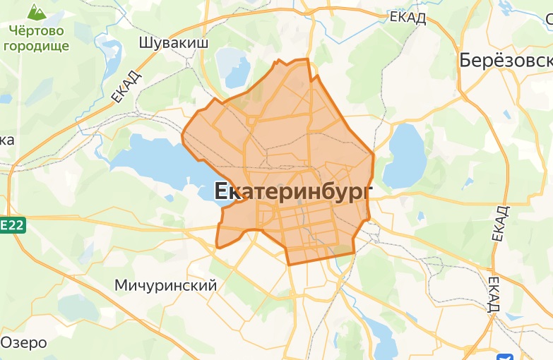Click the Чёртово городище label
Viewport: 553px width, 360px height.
tap(37, 38)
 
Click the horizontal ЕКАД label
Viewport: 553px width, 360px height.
tap(408, 18)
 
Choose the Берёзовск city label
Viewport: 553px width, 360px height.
tap(506, 61)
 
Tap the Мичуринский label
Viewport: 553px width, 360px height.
tap(165, 285)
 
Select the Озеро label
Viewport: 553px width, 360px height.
tap(23, 343)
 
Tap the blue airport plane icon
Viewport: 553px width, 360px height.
tap(506, 356)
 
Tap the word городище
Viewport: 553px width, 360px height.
tap(37, 46)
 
